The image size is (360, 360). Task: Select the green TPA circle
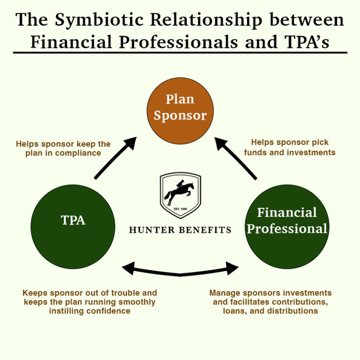coord(73,226)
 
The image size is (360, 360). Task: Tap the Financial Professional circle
coord(287,226)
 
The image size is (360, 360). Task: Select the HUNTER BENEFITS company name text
coord(180,230)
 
